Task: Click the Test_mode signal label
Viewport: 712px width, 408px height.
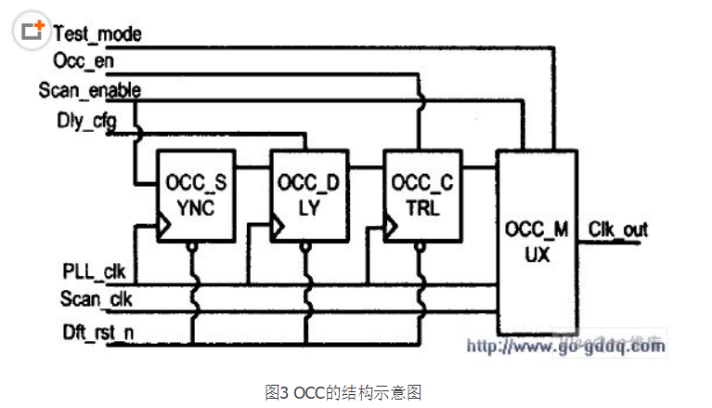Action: [97, 34]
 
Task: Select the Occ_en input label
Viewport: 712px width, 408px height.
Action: [84, 61]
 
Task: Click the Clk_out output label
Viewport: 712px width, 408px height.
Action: [618, 229]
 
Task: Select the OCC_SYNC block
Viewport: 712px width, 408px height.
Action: [196, 195]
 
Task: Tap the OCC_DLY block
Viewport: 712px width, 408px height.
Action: [308, 195]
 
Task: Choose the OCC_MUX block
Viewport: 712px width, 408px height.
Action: [537, 239]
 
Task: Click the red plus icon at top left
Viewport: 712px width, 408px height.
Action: [33, 31]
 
